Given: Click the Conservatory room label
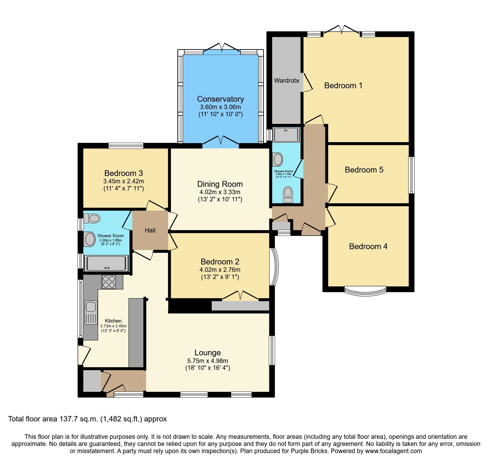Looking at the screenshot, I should (220, 99).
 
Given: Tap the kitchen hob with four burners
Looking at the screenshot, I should (109, 282).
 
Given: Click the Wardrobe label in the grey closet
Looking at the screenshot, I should (286, 81).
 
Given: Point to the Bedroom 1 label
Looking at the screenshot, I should (343, 86).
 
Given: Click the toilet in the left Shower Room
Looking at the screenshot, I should (92, 218).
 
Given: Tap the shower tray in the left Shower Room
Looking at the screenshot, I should (106, 263).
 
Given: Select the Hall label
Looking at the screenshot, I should (150, 230).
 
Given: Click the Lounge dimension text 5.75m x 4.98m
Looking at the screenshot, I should (207, 361).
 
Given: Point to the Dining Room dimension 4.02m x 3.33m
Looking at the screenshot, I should (220, 192).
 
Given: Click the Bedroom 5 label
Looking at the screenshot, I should (364, 170).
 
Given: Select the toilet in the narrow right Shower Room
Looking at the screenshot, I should (288, 194).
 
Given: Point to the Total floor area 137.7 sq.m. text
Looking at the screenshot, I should (87, 419).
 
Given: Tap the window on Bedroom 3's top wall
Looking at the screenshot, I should (126, 146).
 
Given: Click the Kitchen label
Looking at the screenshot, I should (113, 321).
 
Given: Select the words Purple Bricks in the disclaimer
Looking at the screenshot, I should (309, 451).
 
